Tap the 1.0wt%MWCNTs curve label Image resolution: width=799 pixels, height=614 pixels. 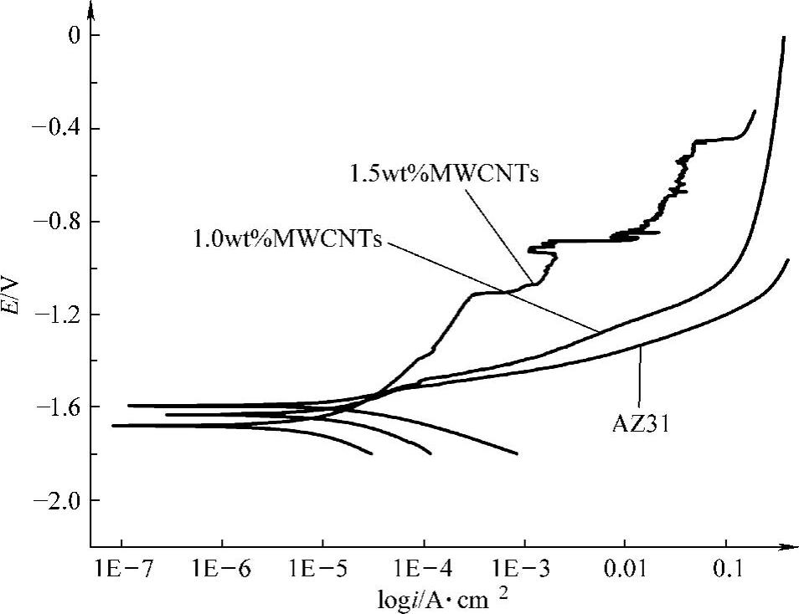click(287, 239)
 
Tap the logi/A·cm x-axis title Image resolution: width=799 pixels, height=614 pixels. click(444, 600)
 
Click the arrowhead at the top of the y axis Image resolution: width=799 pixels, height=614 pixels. click(91, 10)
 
